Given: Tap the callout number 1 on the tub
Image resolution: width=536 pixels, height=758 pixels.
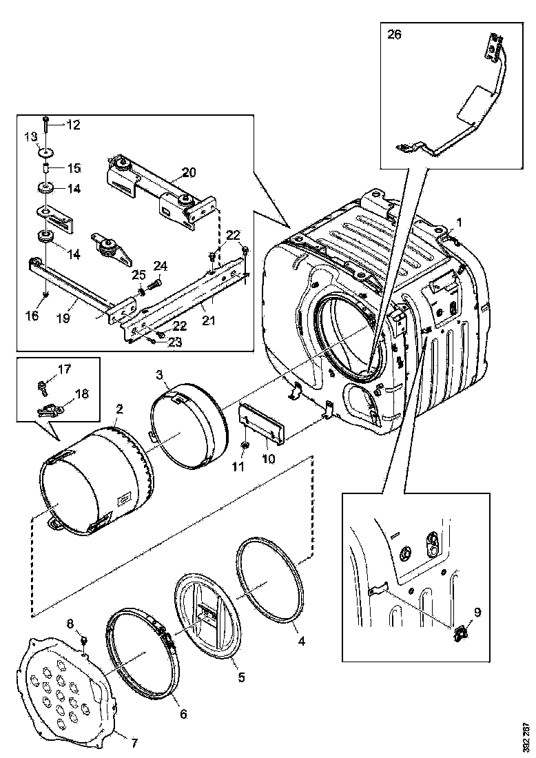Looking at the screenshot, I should [x=460, y=222].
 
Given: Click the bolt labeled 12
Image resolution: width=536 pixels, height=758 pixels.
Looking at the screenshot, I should [x=45, y=124].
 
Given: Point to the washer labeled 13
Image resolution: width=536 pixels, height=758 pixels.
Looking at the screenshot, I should [x=46, y=152].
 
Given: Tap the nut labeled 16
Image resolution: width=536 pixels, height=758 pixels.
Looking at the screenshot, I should [x=45, y=294].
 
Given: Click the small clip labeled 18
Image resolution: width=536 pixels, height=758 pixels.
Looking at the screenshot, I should [x=48, y=411].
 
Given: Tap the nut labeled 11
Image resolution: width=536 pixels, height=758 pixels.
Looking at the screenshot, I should [x=246, y=447].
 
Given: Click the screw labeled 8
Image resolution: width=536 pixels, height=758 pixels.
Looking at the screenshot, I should [x=83, y=640].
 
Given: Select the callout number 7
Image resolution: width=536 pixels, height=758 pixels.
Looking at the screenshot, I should [x=134, y=743].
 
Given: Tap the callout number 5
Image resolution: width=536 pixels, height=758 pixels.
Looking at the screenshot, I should [x=240, y=677].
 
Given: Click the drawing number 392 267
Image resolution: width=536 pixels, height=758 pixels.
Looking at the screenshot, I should [x=526, y=737].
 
